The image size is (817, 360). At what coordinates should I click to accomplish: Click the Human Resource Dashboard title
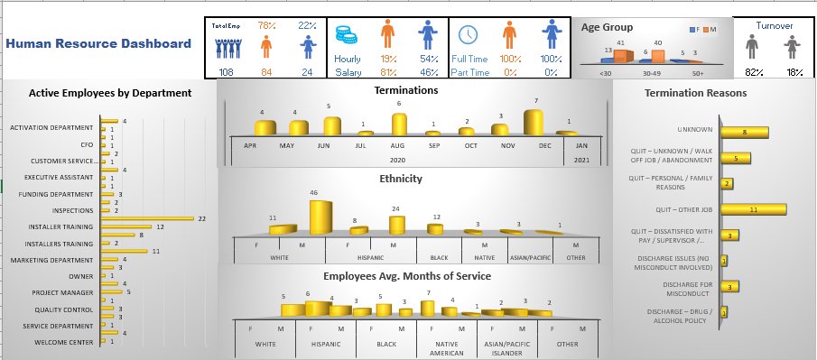(x=97, y=43)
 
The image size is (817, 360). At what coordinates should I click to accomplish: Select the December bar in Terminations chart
(x=534, y=123)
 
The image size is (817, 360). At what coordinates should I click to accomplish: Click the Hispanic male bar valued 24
(x=394, y=225)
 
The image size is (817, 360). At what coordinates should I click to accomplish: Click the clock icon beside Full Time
(x=468, y=35)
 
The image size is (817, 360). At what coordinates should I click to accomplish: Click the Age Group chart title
(x=607, y=28)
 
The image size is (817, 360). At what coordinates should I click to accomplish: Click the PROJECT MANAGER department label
(x=62, y=292)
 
